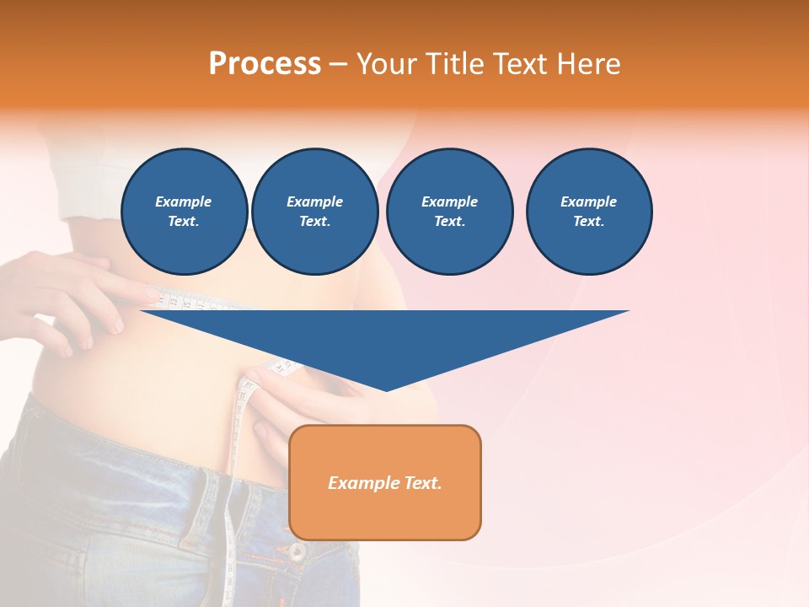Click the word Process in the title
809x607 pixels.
tap(265, 64)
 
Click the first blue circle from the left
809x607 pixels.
tap(185, 212)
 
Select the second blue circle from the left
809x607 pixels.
tap(315, 212)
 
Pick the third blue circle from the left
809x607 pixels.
tap(449, 212)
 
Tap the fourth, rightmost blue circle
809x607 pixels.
tap(589, 212)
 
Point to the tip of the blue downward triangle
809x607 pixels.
tap(386, 389)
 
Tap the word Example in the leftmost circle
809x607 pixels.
tap(184, 201)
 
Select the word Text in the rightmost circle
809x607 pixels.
tap(588, 221)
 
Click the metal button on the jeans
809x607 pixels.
tap(297, 552)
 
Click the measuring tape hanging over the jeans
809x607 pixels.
tap(233, 523)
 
